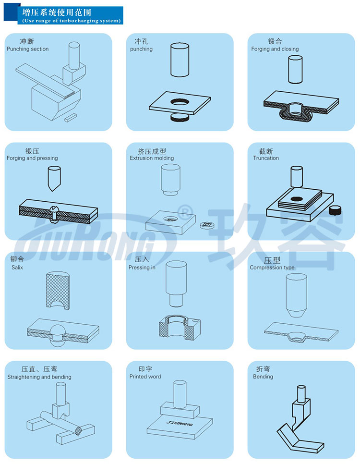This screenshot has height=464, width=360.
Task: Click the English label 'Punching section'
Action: click(27, 49)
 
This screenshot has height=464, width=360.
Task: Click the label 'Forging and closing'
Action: click(275, 49)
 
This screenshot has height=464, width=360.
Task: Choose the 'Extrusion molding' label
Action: click(152, 158)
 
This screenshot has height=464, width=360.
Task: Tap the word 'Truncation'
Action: click(266, 158)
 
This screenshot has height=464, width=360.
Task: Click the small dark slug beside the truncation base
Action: click(335, 210)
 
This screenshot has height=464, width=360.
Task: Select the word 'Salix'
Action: click(17, 267)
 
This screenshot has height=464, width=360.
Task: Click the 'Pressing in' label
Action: click(142, 268)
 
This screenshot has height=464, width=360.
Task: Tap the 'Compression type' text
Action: click(272, 268)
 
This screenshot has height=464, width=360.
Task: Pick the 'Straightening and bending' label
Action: click(39, 377)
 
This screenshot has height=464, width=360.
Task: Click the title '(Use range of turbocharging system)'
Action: click(71, 21)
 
